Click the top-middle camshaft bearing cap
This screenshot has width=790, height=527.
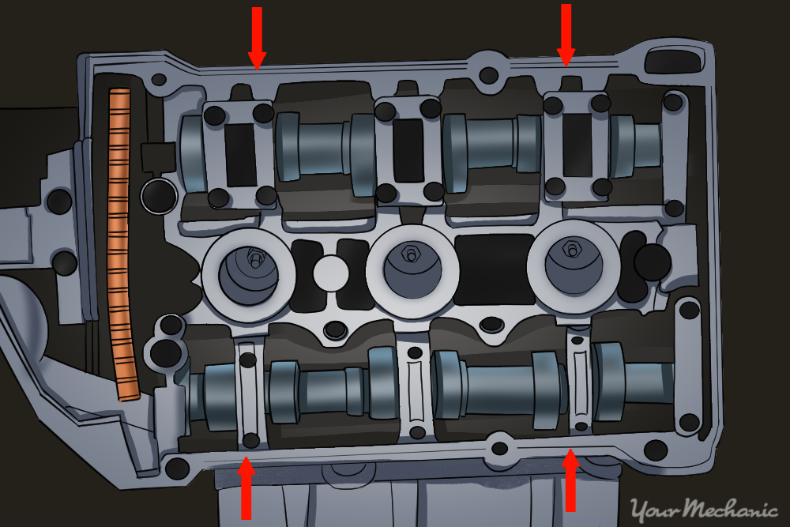tap(408, 149)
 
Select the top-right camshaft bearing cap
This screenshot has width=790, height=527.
tap(578, 143)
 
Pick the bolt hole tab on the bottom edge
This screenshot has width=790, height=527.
tap(499, 447)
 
